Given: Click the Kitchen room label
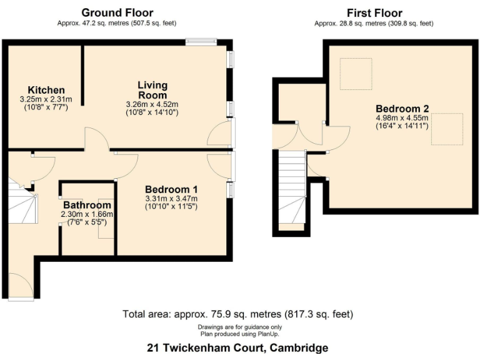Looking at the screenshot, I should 46,91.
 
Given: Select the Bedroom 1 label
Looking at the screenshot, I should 171,189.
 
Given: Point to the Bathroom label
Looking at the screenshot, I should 87,205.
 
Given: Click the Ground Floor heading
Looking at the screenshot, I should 117,12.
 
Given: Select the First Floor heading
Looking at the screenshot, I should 374,12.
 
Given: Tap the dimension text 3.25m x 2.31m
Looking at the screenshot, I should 46,99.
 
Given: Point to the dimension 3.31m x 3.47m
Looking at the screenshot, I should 171,198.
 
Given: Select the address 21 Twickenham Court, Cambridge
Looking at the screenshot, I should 237,347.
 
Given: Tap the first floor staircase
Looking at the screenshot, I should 292,187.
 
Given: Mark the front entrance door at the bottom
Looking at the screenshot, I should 22,289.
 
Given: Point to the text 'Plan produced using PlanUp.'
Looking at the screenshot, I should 240,333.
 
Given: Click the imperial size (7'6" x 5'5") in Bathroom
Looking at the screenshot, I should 87,222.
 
